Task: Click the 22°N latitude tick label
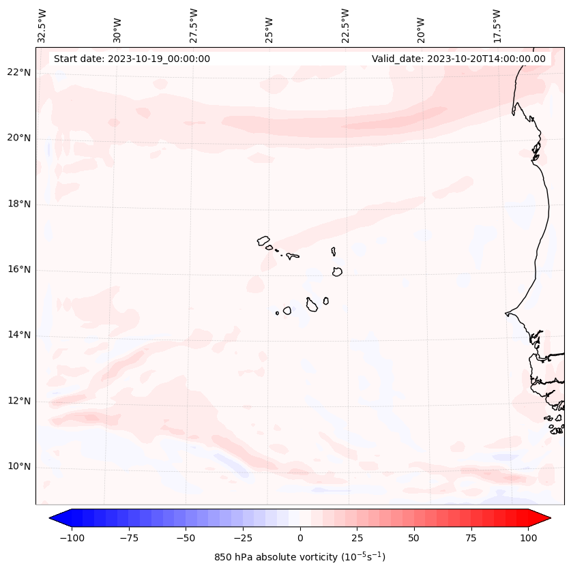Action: coord(19,73)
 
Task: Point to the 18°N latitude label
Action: coord(19,204)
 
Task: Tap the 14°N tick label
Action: coord(19,335)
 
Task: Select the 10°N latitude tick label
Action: coord(19,466)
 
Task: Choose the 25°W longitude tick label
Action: coord(269,27)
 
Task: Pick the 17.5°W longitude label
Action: coord(497,25)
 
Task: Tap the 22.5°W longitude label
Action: coord(345,25)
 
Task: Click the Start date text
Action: coord(132,59)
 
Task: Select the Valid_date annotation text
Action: coord(458,59)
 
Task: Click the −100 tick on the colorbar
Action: coord(72,538)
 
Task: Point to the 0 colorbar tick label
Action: coord(300,538)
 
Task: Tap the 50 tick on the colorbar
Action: coord(414,538)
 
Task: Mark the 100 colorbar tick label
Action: coord(528,538)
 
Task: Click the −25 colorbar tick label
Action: coord(243,538)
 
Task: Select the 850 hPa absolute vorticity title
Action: coord(300,557)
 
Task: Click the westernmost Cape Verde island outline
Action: coord(263,241)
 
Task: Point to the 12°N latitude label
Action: coord(19,401)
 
